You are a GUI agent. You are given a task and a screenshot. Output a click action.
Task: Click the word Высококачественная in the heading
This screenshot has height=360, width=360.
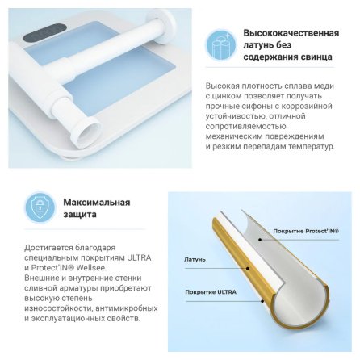(x=291, y=33)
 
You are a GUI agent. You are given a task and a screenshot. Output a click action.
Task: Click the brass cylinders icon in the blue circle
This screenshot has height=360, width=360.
(x=221, y=45)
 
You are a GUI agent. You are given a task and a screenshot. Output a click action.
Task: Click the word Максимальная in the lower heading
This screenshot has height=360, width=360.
(x=97, y=203)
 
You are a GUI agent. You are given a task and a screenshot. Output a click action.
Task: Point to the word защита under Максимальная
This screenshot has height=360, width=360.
(x=80, y=215)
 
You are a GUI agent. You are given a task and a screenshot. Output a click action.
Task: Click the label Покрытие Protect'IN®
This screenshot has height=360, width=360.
(x=306, y=231)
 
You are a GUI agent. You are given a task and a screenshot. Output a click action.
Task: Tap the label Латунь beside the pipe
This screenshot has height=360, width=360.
(x=195, y=260)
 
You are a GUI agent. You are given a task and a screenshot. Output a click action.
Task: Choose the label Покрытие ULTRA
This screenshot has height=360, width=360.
(x=211, y=292)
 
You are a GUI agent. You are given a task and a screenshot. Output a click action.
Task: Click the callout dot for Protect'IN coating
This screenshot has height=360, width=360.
(x=260, y=239)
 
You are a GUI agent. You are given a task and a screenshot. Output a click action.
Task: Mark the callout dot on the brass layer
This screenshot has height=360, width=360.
(x=248, y=268)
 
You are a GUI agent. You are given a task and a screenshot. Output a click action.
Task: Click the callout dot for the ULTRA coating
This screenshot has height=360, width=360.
(x=262, y=301)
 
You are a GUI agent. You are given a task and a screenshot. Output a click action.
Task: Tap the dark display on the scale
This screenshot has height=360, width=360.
(x=44, y=34)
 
